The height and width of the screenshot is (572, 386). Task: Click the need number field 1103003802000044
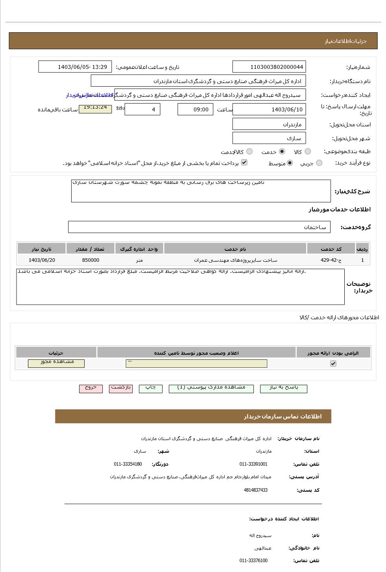[269, 67]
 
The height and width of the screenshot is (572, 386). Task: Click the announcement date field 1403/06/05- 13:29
[75, 67]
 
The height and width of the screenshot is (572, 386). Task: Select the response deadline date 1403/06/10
[269, 109]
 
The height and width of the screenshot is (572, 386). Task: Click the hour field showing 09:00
[195, 109]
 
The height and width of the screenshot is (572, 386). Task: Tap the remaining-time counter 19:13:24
[95, 108]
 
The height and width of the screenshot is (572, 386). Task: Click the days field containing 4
[142, 109]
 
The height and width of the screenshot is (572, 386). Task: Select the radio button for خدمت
[282, 152]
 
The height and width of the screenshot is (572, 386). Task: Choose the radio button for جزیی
[319, 163]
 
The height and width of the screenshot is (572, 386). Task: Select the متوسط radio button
[290, 163]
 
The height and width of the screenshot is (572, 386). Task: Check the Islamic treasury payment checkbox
[244, 162]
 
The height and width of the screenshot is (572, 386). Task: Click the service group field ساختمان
[199, 227]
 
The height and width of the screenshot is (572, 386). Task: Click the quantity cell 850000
[90, 260]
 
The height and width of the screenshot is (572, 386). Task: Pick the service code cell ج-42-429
[331, 260]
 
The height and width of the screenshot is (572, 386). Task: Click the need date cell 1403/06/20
[42, 260]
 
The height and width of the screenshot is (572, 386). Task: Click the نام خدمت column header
[235, 249]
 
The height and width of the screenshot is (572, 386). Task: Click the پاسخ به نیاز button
[284, 388]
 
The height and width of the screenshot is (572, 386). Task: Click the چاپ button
[151, 388]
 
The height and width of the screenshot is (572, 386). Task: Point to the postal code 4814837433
[255, 490]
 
